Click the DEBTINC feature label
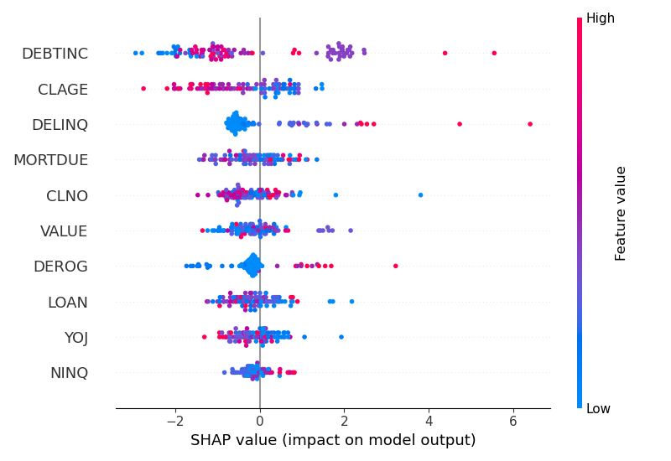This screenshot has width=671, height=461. [55, 54]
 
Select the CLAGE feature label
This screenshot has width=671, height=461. [63, 89]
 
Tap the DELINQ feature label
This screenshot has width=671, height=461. [60, 124]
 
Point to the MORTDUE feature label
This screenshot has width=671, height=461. [50, 159]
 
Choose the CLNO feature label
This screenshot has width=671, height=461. [67, 195]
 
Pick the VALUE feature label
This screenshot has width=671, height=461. [65, 230]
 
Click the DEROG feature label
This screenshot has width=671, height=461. [61, 266]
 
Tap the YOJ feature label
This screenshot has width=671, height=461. [76, 337]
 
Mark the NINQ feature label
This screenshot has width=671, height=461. [70, 372]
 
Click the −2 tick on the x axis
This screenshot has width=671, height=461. [173, 422]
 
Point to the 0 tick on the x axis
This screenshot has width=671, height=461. [260, 422]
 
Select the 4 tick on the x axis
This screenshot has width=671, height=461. [429, 422]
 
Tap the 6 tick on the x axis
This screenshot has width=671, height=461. [513, 422]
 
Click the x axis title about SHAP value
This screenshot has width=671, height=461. [333, 440]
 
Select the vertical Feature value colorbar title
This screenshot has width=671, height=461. [622, 213]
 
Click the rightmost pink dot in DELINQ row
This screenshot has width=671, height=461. [530, 124]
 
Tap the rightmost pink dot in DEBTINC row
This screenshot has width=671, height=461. [494, 53]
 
